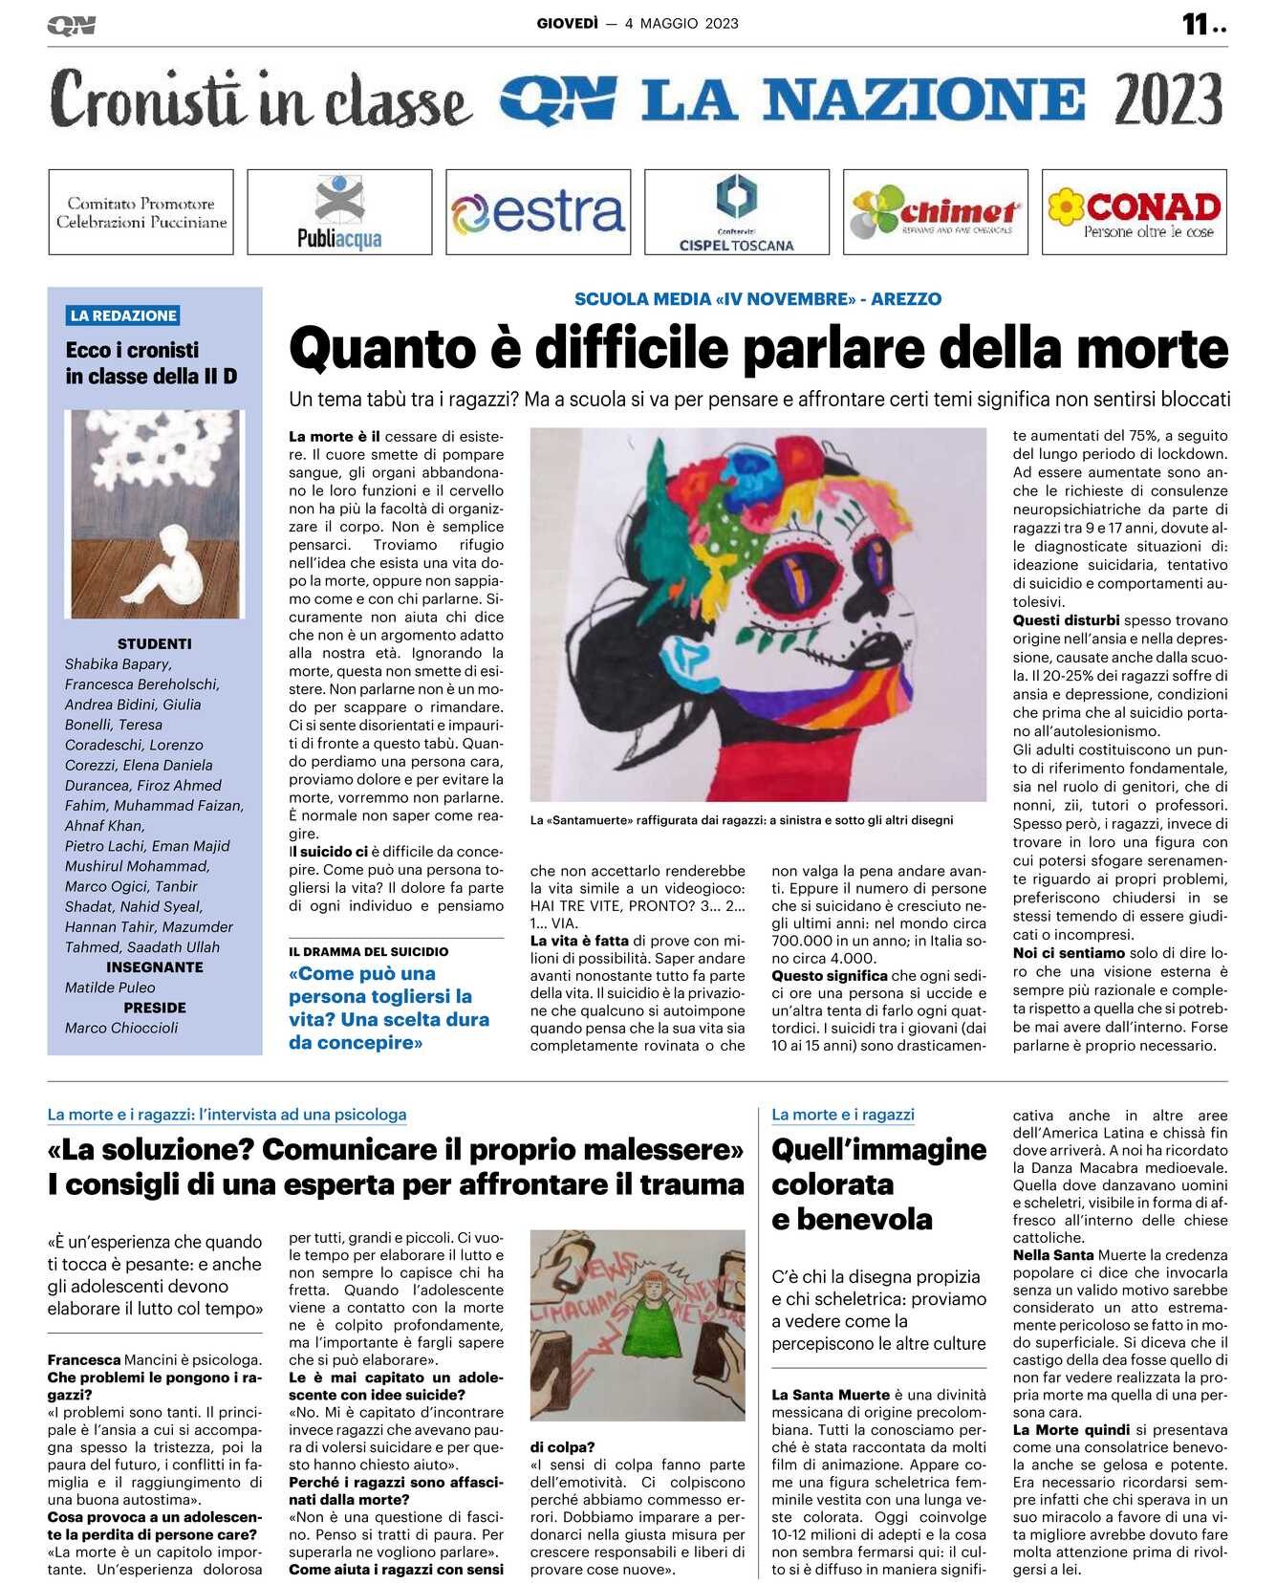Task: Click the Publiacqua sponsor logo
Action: (339, 212)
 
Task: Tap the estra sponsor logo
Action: (538, 212)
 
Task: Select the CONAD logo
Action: (1135, 212)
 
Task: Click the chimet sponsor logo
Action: (936, 212)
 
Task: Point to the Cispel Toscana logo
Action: (737, 212)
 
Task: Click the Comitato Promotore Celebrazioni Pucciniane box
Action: (141, 212)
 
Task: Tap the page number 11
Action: (1196, 24)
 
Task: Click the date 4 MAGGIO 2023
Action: (681, 24)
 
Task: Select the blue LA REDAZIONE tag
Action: (123, 315)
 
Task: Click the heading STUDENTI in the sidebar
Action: (154, 644)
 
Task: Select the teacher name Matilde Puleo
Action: (110, 987)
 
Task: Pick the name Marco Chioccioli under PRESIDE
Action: (121, 1028)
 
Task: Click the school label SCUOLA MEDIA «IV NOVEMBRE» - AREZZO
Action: (757, 299)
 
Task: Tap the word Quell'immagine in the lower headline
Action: (878, 1149)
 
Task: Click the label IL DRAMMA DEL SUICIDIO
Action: (368, 952)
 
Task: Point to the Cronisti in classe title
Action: (260, 99)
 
